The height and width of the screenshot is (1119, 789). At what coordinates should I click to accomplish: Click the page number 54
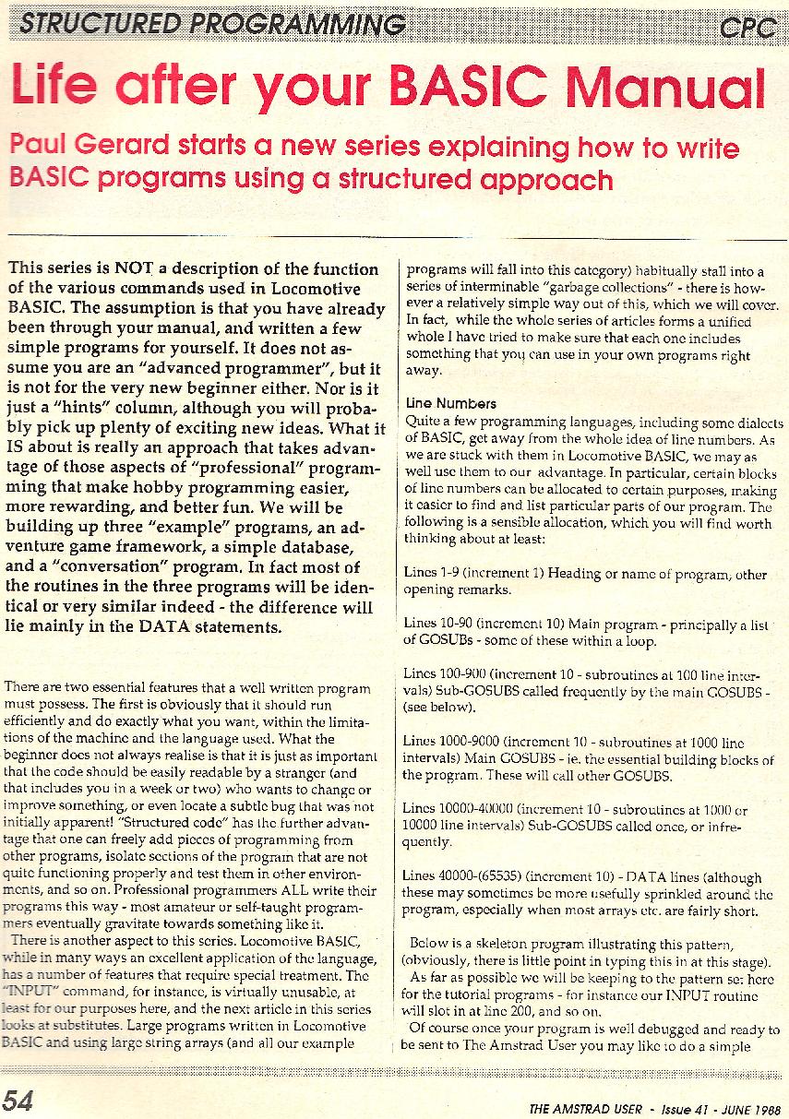coord(19,1101)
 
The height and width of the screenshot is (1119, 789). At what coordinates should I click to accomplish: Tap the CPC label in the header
coord(746,28)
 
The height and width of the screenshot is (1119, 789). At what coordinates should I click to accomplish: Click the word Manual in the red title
coord(666,90)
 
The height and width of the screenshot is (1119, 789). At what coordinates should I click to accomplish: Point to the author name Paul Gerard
coord(85,147)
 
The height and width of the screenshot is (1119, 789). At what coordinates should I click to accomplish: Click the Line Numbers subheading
coord(450,404)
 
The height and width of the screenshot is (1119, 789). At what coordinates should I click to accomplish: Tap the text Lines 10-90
coord(439,625)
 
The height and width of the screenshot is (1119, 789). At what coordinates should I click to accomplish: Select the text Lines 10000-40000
coord(458,808)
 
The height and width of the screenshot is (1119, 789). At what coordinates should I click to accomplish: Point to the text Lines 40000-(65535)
coord(459,877)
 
